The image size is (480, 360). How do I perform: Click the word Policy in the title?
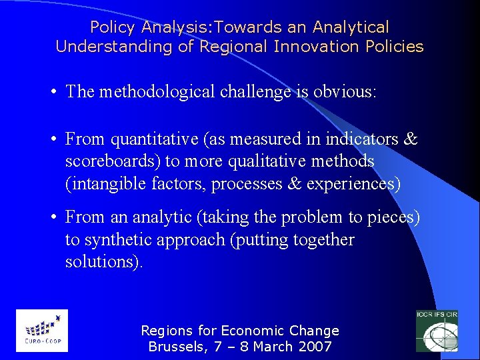pyautogui.click(x=111, y=27)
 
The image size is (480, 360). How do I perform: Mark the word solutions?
pyautogui.click(x=103, y=261)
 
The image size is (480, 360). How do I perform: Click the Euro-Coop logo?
pyautogui.click(x=42, y=331)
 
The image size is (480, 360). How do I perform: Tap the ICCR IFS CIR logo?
pyautogui.click(x=436, y=331)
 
